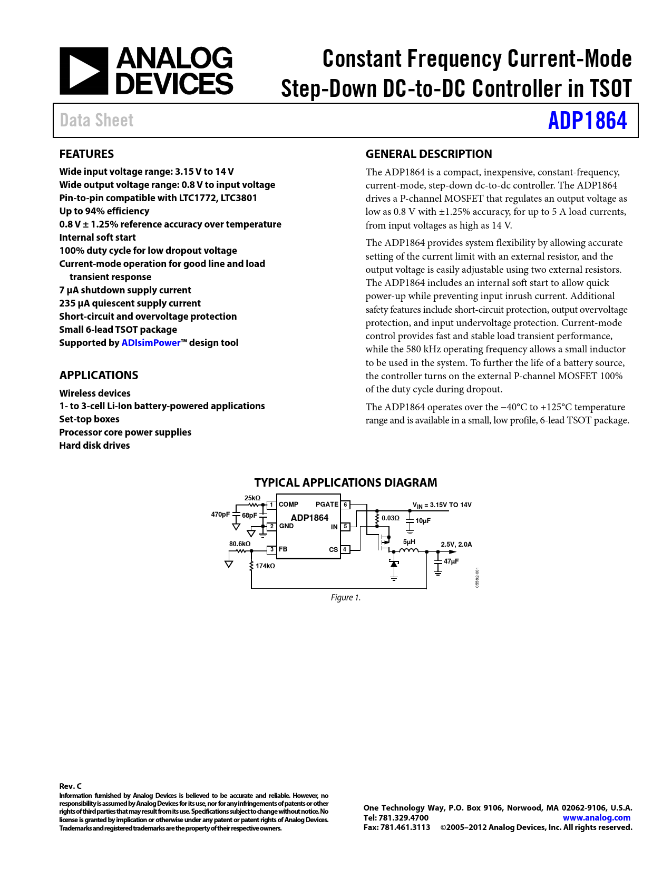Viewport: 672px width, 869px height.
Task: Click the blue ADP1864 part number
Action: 587,121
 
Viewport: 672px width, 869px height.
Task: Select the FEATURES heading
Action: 86,154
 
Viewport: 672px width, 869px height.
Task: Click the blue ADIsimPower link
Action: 151,343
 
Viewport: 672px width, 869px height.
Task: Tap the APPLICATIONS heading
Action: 99,376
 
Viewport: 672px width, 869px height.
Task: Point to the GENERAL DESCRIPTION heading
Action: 428,154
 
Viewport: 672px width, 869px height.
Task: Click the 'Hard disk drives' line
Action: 94,446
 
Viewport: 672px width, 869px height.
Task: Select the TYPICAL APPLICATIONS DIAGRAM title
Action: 345,482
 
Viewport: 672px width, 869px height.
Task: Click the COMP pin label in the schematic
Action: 288,505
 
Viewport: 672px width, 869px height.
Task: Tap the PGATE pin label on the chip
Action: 327,505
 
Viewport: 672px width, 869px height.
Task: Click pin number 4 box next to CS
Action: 345,549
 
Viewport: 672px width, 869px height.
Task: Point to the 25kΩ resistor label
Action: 252,498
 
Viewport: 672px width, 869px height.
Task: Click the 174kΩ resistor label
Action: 265,566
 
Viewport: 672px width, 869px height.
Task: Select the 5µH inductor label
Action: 409,542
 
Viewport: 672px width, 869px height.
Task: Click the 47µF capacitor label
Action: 451,561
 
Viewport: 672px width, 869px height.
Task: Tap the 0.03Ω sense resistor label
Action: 391,518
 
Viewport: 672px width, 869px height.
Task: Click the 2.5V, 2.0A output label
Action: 456,545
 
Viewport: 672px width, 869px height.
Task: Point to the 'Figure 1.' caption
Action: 345,598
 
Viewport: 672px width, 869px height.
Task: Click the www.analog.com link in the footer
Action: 596,818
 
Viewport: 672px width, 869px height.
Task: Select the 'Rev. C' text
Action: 70,786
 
